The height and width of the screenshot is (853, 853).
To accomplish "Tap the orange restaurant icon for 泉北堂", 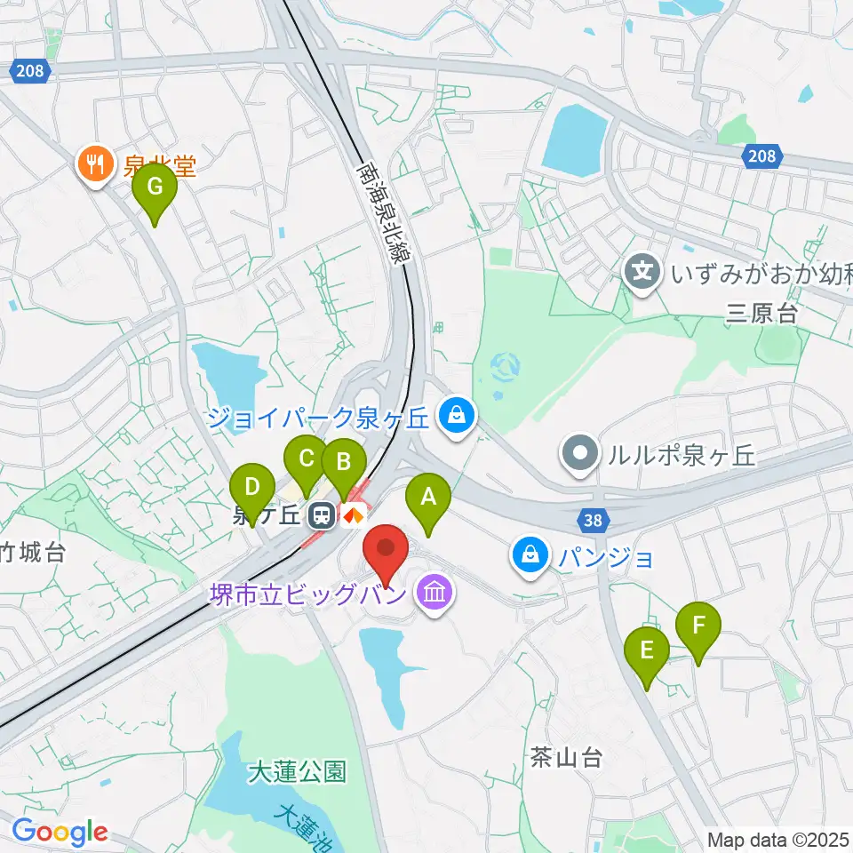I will (x=94, y=164).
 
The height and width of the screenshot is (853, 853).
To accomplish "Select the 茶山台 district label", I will (x=566, y=758).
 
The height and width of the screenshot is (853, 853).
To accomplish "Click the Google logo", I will (x=60, y=832).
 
